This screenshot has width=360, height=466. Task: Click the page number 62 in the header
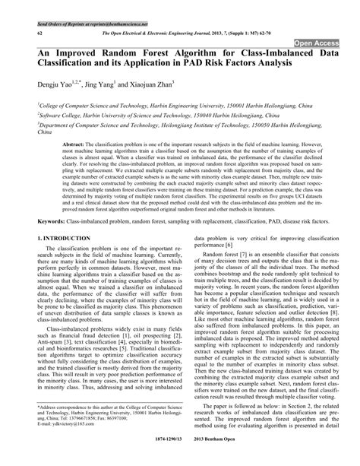click(39, 34)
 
